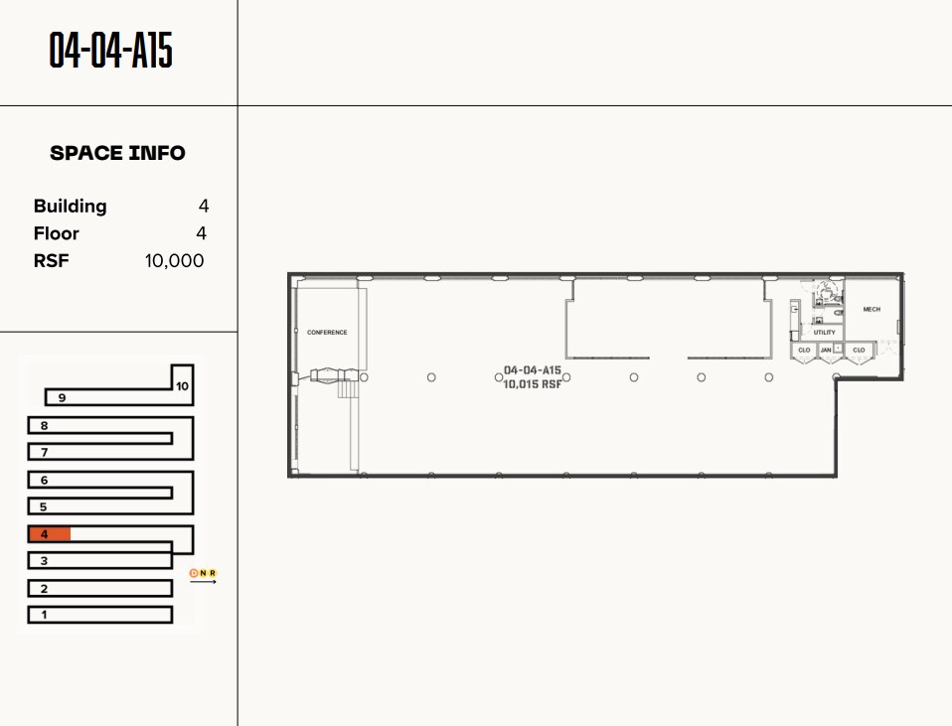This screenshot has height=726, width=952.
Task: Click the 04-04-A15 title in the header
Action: coord(111,51)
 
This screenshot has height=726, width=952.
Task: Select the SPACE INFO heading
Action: coord(117,153)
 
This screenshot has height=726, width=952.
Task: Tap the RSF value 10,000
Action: coord(174,261)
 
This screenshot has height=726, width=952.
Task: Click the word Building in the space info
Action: coord(70,207)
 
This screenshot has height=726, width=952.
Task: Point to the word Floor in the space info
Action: coord(56,233)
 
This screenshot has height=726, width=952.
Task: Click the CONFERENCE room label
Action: coord(327,333)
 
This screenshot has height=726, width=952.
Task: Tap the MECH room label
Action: coord(872,310)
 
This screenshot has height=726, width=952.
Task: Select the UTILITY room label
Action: coord(825,333)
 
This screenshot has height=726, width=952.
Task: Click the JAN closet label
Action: coord(826,350)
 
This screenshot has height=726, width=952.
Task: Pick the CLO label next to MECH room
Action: coord(859,350)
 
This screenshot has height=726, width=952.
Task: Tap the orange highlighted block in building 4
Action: coord(50,534)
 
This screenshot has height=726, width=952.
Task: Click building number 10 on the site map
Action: coord(182,386)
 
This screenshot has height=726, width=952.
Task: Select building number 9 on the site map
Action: coord(62,398)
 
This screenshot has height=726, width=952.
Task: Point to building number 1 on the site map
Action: coord(44,615)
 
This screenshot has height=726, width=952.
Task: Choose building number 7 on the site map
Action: coord(44,453)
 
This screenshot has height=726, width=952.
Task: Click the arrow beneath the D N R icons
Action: coord(203,582)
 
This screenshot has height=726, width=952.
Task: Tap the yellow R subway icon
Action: coord(213,573)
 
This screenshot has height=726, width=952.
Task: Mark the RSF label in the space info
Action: coord(51,261)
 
